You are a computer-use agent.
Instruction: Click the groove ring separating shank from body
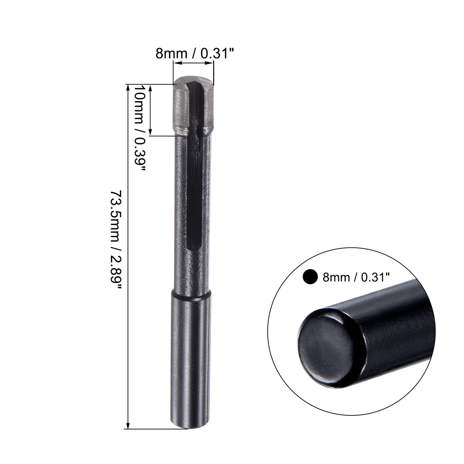coord(191,296)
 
